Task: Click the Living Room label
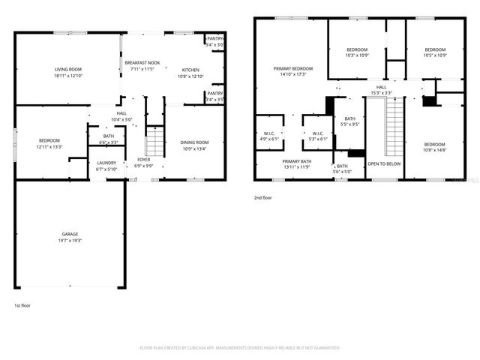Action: click(67, 73)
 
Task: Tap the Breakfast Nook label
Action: click(142, 66)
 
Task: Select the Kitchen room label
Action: click(190, 73)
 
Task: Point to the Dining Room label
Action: click(193, 145)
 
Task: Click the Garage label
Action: click(70, 237)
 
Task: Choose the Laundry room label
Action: click(106, 165)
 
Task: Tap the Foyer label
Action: click(143, 162)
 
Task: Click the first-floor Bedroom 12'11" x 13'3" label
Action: click(49, 143)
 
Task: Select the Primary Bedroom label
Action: click(292, 71)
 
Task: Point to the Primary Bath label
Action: click(296, 164)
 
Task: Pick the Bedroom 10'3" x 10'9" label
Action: click(357, 52)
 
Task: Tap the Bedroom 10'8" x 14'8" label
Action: click(433, 147)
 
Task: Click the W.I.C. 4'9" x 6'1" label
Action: click(269, 136)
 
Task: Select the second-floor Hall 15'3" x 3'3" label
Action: click(382, 90)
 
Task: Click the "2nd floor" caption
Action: click(263, 198)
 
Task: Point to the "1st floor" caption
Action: click(22, 305)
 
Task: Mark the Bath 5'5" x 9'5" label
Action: click(350, 121)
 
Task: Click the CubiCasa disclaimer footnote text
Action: click(240, 348)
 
